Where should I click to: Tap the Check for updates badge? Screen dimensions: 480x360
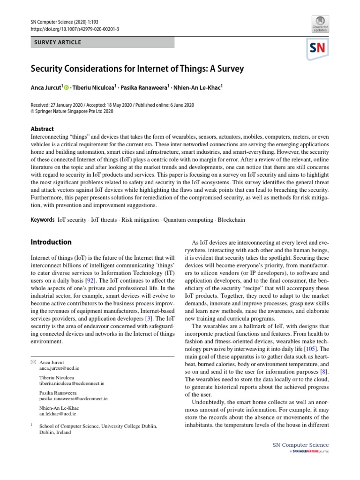319,23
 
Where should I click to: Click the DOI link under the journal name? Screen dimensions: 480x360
75,29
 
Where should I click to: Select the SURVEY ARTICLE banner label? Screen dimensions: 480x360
57,42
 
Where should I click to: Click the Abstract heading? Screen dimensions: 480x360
42,129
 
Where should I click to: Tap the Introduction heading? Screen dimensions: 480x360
51,242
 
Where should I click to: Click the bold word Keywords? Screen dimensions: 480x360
43,219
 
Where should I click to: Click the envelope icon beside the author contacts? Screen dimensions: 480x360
33,362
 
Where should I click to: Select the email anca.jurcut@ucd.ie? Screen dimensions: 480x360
59,368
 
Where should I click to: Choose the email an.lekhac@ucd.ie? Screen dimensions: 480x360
57,414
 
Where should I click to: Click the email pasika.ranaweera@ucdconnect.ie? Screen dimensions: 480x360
73,398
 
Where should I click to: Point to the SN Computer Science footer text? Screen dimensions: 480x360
300,445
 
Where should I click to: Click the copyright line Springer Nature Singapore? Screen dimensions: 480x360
75,112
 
